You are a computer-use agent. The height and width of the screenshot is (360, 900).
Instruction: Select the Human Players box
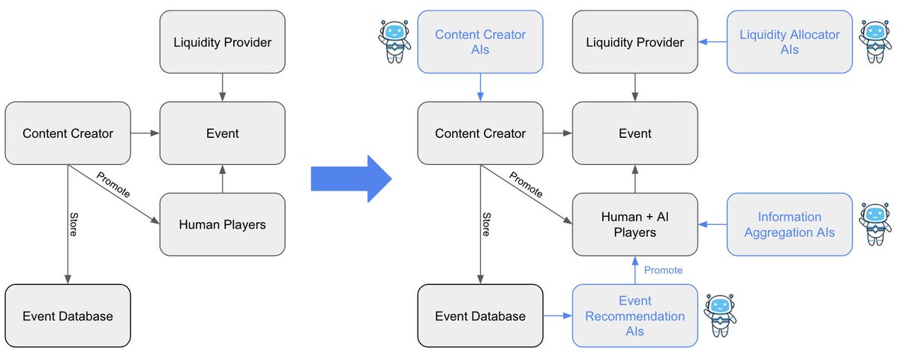(222, 223)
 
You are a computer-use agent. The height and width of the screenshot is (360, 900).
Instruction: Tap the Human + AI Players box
(634, 223)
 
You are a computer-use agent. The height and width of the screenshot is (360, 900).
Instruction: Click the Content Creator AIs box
(480, 42)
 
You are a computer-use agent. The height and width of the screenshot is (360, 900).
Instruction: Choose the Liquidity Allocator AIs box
(789, 42)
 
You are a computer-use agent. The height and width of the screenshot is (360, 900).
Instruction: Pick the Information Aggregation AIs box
(789, 223)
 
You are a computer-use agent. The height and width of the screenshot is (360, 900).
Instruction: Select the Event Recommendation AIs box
(634, 316)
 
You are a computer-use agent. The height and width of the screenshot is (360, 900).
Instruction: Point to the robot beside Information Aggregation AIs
(875, 223)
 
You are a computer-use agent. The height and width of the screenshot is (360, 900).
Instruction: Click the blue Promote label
(663, 270)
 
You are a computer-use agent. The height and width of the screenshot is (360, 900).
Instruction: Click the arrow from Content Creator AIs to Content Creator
(480, 88)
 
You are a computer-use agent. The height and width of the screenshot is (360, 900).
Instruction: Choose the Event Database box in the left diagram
(67, 316)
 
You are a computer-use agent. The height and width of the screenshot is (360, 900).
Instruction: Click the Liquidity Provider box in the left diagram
(222, 42)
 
